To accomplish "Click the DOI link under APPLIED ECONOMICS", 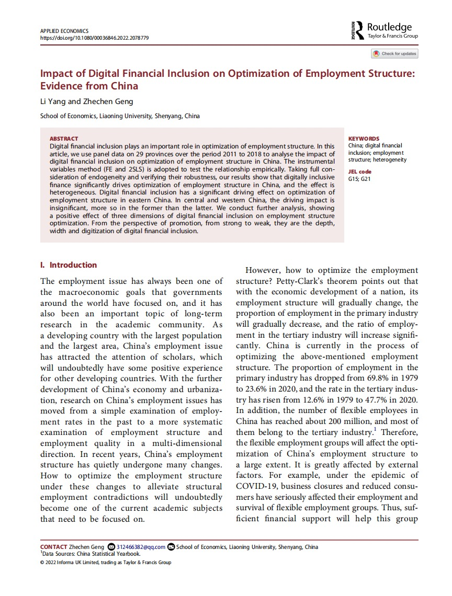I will [95, 38].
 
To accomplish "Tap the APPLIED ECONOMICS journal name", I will [64, 31].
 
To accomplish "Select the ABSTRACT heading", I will [63, 139].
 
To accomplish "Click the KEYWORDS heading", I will [364, 139].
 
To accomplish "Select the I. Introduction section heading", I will [69, 265].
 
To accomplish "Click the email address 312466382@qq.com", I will [141, 547].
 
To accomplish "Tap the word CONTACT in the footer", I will [54, 547].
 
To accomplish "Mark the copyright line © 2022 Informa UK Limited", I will [105, 563].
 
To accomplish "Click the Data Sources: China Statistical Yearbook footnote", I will [92, 554].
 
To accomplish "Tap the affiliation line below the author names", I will [120, 116].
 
